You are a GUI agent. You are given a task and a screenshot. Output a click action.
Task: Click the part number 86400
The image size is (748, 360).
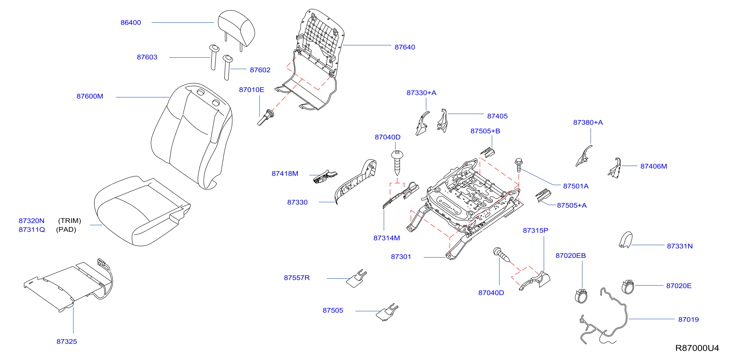click(x=131, y=23)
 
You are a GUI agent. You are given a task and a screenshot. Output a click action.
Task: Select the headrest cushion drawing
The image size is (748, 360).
click(x=236, y=28)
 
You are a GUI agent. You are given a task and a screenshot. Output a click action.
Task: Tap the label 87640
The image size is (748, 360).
click(x=405, y=47)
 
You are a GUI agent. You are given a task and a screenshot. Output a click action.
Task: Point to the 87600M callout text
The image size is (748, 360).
click(x=90, y=96)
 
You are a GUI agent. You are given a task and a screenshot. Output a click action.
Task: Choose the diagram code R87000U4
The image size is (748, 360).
click(x=697, y=348)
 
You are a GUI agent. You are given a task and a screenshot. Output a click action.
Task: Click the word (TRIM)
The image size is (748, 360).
click(x=70, y=221)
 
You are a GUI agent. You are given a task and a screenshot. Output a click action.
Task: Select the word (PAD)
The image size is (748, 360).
click(x=66, y=230)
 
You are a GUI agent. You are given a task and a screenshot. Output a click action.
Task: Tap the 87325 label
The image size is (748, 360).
click(x=67, y=342)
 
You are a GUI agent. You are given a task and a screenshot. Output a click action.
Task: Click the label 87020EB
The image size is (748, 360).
click(x=571, y=256)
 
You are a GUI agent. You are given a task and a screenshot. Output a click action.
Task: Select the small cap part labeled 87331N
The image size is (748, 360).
click(x=625, y=240)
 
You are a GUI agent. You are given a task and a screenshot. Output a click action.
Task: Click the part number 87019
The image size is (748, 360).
click(x=689, y=320)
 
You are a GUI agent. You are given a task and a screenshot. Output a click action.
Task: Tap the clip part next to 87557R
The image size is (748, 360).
click(x=357, y=278)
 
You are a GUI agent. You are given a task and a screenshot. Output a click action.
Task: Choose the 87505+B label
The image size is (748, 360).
click(x=485, y=131)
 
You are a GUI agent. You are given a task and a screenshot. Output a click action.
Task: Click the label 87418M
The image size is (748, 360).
click(x=285, y=174)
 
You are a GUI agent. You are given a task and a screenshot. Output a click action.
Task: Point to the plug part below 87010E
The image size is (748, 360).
click(x=266, y=117)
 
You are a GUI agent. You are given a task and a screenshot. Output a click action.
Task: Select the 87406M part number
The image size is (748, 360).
click(x=654, y=166)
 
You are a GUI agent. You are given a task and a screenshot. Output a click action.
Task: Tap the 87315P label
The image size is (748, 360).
click(x=535, y=230)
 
